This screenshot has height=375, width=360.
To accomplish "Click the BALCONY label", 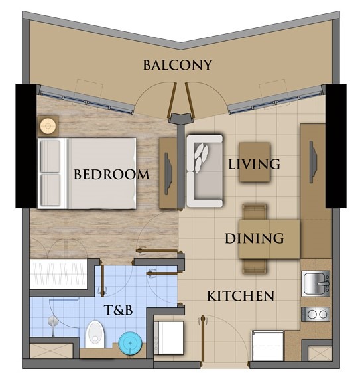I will [177, 65].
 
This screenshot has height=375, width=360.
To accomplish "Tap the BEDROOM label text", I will [111, 175].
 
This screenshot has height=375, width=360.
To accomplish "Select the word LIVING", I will [254, 163].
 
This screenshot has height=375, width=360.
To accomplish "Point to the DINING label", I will [255, 238].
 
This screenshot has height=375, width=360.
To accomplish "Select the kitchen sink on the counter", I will [317, 284].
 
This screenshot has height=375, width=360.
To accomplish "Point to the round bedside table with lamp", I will [48, 125].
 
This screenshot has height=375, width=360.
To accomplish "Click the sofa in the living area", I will [203, 171].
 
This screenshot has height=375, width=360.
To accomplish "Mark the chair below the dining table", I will [255, 265].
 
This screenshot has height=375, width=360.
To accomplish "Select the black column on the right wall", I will [336, 145].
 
